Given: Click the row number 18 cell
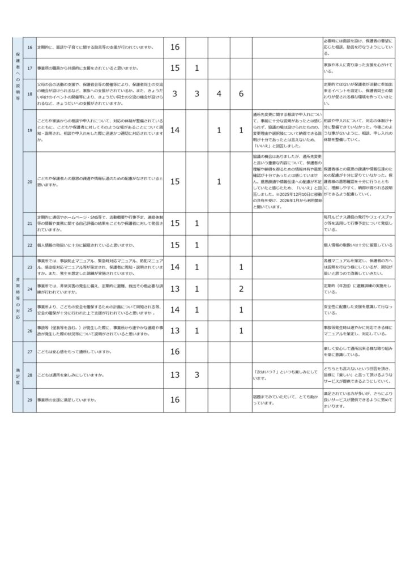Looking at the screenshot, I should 29,94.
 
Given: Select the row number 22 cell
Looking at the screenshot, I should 29,245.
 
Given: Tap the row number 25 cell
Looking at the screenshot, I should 29,309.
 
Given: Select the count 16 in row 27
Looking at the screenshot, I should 174,352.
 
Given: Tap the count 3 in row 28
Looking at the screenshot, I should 197,375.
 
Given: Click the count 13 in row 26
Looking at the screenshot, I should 174,331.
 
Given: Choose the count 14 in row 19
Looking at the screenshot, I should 174,130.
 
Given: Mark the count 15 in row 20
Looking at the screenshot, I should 174,182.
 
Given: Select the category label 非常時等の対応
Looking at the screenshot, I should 18,298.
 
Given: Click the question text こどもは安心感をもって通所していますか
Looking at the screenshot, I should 74,352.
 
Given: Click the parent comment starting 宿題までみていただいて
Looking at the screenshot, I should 287,400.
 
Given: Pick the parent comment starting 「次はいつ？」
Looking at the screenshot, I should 287,375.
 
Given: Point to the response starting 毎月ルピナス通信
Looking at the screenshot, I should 357,224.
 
